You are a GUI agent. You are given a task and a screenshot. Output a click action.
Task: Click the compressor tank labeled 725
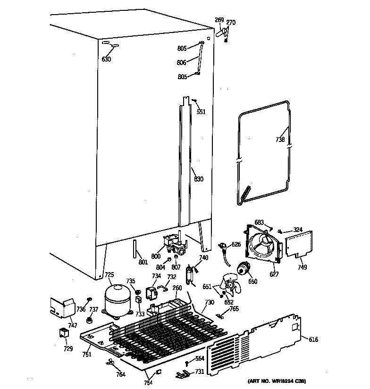[x=116, y=300]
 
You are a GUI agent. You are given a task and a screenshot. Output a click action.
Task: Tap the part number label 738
[x=280, y=140]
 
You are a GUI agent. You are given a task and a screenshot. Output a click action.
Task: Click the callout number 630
[x=106, y=59]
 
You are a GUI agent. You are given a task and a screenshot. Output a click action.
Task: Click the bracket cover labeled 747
[x=61, y=307]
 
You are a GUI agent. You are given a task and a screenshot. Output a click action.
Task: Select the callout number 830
[x=199, y=179]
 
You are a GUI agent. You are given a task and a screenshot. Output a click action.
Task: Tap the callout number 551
[x=202, y=112]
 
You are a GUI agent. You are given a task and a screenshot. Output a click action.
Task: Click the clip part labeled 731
[x=182, y=374]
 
